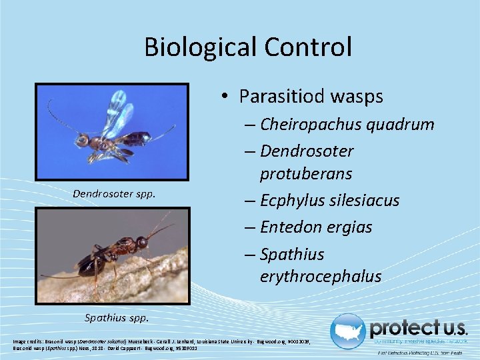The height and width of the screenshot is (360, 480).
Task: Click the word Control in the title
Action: [x=308, y=47]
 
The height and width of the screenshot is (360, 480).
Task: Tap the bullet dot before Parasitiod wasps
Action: [x=227, y=97]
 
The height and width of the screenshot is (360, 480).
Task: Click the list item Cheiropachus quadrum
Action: [x=347, y=125]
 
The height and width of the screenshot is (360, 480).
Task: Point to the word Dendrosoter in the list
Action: [x=307, y=151]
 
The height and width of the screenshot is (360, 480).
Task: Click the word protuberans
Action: [x=306, y=174]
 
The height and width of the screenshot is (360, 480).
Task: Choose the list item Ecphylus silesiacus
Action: [x=329, y=201]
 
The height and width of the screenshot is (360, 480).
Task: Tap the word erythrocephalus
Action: [x=321, y=276]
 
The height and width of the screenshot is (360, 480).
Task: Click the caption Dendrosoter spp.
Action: [x=114, y=194]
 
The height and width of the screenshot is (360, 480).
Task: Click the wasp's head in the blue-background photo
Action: [x=83, y=140]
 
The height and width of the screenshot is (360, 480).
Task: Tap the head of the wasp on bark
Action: [x=142, y=242]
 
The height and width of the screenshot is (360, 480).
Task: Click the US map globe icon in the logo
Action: [x=347, y=331]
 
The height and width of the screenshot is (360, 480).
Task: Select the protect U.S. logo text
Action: [x=418, y=329]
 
